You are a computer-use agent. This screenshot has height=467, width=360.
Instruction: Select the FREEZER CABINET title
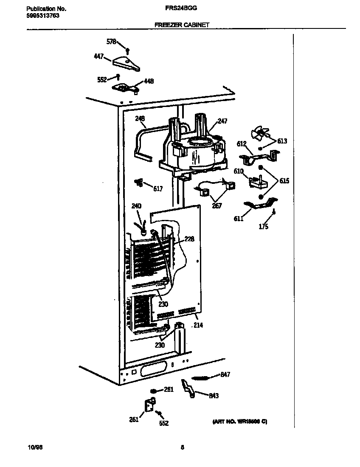[x=182, y=25]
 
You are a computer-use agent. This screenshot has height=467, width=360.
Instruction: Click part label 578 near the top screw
[x=111, y=42]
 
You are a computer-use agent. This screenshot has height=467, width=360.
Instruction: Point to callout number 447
[x=98, y=56]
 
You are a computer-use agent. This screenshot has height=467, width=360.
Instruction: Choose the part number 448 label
[x=149, y=82]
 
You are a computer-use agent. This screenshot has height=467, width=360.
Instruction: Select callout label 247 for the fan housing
[x=222, y=121]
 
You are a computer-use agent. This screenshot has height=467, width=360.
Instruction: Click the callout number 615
[x=284, y=181]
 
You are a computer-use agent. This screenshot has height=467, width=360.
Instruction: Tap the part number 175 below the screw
[x=263, y=227]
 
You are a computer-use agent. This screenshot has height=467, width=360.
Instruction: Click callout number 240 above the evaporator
[x=136, y=206]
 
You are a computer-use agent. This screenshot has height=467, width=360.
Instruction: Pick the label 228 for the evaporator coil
[x=189, y=239]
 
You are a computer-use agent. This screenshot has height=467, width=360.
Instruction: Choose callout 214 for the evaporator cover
[x=198, y=326]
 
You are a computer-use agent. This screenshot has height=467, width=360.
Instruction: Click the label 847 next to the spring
[x=225, y=374]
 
